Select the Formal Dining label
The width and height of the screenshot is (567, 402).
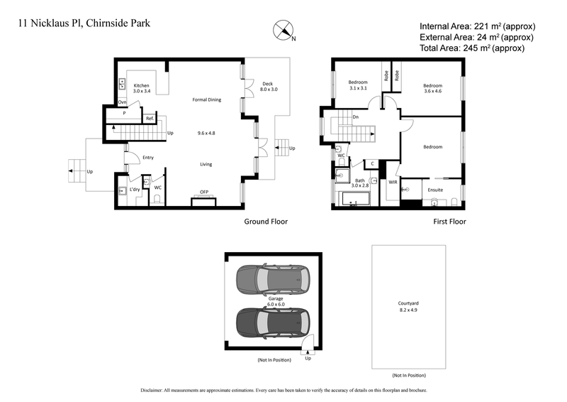206,100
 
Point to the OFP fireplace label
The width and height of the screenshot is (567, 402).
204,192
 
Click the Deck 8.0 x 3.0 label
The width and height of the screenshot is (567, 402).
269,87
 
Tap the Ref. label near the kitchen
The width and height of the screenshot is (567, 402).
150,118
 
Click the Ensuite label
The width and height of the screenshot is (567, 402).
435,190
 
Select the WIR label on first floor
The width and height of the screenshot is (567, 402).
393,183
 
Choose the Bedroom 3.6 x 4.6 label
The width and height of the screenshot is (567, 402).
432,87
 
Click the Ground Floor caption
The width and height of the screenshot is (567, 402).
266,222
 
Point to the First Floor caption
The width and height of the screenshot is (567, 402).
449,222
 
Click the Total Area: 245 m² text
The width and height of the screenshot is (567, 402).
471,48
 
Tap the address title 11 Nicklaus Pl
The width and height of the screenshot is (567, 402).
84,23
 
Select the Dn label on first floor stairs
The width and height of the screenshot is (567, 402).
354,116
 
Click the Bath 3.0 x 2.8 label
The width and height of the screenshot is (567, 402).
360,184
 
